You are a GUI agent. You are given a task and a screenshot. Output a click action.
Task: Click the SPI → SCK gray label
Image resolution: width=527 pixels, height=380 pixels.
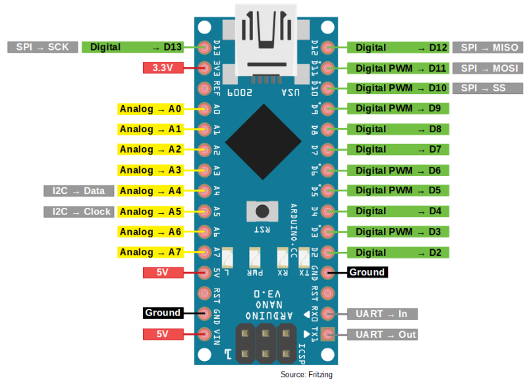point(42,47)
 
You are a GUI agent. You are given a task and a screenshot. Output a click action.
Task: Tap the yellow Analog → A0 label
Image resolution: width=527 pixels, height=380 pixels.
point(150,108)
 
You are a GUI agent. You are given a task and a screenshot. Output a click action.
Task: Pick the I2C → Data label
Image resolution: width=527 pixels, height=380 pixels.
point(78,191)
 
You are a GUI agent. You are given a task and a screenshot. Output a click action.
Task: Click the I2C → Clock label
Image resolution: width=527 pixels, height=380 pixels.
point(78,212)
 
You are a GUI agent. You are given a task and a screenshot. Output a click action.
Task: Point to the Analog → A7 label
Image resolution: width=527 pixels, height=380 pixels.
point(150,252)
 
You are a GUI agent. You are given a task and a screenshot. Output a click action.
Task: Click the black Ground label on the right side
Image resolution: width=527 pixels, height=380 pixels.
point(366,272)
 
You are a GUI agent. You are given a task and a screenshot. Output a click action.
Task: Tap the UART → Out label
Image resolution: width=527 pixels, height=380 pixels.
point(386,335)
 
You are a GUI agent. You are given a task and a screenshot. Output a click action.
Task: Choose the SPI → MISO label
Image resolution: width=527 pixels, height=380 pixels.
point(489,47)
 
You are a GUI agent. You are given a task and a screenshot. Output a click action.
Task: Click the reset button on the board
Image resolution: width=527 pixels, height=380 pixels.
point(263,212)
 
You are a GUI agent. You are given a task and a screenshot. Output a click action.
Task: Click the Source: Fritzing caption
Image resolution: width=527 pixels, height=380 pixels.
point(306,374)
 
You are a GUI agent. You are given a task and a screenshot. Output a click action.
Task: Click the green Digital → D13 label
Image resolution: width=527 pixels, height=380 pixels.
point(132,47)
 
